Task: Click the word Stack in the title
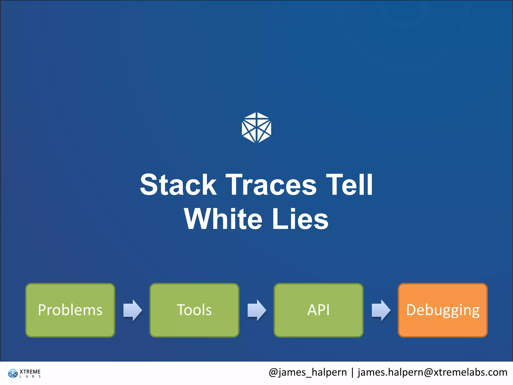[178, 185]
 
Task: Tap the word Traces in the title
[271, 185]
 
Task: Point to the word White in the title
[223, 219]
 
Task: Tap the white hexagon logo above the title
[256, 128]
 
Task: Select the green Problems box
[70, 310]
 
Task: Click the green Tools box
[194, 310]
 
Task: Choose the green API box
[318, 310]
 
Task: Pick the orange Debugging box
[443, 310]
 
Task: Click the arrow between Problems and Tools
[133, 310]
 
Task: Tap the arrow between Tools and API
[257, 310]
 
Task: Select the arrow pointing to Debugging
[381, 310]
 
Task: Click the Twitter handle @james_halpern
[308, 372]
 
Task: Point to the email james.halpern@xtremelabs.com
[432, 372]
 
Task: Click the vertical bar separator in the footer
[352, 372]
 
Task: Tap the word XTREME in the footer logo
[30, 371]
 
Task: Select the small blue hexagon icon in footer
[13, 373]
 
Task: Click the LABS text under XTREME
[30, 376]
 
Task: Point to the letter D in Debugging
[411, 310]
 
